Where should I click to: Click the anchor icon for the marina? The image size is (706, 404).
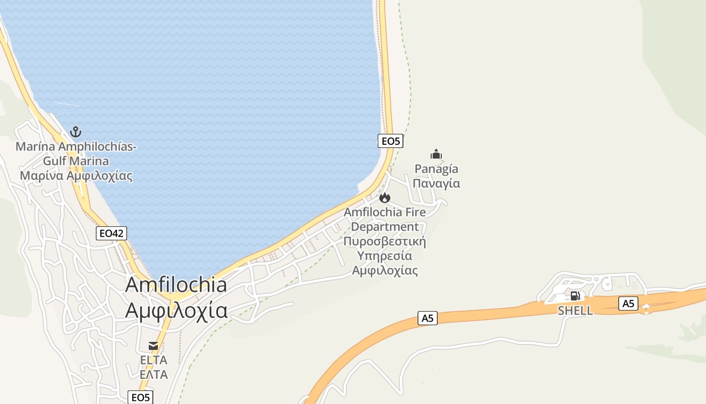(76, 132)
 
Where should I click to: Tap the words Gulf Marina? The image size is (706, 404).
(76, 161)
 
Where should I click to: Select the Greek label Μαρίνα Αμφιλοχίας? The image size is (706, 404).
(76, 176)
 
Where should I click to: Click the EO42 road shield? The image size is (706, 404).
(111, 233)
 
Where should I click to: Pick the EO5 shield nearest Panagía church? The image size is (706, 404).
(390, 141)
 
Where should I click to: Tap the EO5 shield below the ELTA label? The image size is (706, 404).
(140, 397)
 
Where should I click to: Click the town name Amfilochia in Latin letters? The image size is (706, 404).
(176, 285)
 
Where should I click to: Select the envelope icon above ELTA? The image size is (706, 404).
(153, 346)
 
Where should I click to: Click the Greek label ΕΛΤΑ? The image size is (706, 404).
(153, 374)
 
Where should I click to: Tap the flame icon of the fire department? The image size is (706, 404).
(385, 197)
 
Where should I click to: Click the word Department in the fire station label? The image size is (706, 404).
(385, 227)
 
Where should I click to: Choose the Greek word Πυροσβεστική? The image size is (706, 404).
(385, 241)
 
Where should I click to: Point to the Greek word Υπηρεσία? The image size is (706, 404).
(385, 256)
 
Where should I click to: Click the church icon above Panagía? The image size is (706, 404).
(436, 154)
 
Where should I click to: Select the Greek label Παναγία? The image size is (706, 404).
(436, 183)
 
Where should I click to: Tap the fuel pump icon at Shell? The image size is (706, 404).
(575, 296)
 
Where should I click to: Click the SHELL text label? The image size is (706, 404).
(575, 311)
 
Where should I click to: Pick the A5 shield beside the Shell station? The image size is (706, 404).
(628, 304)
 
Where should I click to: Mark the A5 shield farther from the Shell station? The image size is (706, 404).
(427, 318)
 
